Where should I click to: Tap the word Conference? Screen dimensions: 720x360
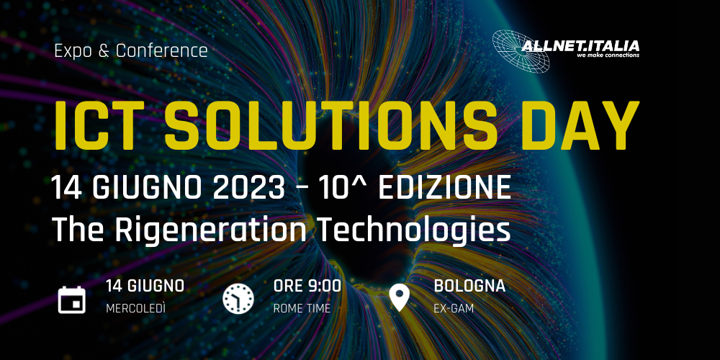161,50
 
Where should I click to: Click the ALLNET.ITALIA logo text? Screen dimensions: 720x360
580,46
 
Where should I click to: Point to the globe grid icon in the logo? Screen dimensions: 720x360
521,51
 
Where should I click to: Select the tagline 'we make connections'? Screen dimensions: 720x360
608,55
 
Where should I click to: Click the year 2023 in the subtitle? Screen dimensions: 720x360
249,188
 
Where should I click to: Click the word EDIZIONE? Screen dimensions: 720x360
444,188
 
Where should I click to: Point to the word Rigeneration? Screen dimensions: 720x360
211,230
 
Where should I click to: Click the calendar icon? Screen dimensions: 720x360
72,300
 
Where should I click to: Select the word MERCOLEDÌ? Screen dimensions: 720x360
135,309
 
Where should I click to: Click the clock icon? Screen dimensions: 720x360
238,299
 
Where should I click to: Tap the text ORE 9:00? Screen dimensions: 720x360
307,286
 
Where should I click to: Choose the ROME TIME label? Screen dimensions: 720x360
302,309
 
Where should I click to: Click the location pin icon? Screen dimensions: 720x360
399,297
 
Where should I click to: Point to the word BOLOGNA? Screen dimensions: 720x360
469,286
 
